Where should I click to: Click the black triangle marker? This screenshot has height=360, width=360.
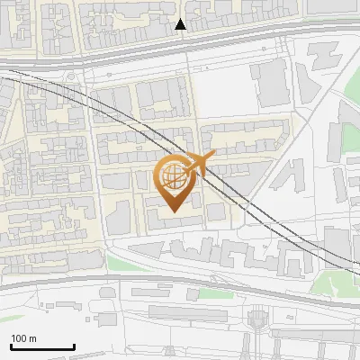(x=181, y=24)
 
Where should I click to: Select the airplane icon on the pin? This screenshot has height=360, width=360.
(x=199, y=163)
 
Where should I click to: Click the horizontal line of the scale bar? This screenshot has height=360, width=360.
(x=42, y=346)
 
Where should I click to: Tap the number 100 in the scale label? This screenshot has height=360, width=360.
(x=19, y=337)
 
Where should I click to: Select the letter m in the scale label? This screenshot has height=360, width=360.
(x=32, y=337)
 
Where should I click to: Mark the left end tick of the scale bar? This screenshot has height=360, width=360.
(x=11, y=345)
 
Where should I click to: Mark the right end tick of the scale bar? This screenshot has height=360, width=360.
(x=74, y=345)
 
